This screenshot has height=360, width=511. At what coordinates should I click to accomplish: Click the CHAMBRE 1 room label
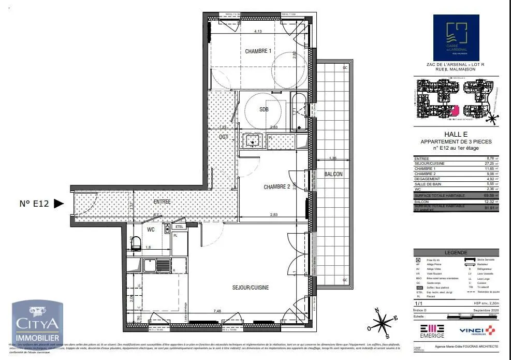tap(258, 51)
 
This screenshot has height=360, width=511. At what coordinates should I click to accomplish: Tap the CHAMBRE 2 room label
tap(276, 187)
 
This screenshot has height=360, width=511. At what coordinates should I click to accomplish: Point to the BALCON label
tap(333, 175)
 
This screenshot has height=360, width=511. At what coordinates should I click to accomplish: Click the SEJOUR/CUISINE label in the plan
tap(251, 287)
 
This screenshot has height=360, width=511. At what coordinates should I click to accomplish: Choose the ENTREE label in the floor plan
tap(162, 201)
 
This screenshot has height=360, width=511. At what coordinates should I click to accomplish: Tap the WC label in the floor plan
tap(151, 228)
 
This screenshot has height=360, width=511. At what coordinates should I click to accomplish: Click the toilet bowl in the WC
tap(136, 243)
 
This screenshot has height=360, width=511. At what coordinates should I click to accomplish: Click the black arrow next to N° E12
tap(59, 204)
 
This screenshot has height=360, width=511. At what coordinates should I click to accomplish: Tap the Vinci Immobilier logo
tap(476, 330)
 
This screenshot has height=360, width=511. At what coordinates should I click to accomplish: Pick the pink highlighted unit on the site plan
tap(456, 110)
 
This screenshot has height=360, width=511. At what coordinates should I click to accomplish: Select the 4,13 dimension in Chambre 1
tap(258, 32)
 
